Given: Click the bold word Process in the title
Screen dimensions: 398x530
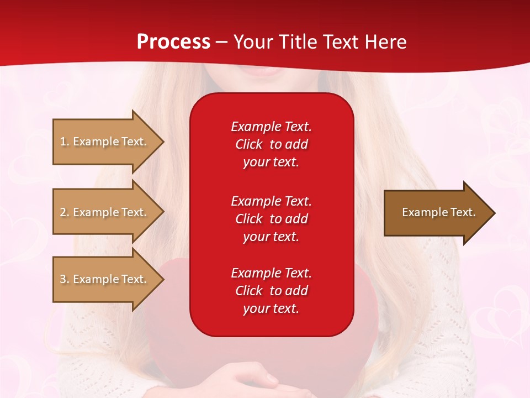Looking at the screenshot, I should click(173, 42).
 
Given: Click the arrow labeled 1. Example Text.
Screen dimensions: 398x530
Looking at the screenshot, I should click(105, 142).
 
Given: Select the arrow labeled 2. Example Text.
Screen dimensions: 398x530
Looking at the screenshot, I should click(105, 212).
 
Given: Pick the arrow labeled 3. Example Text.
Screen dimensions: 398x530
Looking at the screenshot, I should click(105, 279).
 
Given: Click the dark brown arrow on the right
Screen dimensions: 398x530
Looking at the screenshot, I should click(436, 213).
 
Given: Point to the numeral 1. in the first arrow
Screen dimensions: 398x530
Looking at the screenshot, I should click(65, 142).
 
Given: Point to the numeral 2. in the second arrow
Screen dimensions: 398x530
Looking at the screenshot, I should click(65, 212).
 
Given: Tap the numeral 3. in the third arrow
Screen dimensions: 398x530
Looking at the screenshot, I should click(65, 279).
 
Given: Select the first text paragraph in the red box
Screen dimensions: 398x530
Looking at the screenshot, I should click(271, 144).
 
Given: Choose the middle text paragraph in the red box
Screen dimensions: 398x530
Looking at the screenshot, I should click(271, 218).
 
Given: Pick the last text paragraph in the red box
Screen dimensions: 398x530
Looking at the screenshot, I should click(271, 291).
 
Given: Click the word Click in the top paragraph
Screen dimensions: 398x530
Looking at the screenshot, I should click(248, 144).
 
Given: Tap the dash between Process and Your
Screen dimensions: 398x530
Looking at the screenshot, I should click(222, 42).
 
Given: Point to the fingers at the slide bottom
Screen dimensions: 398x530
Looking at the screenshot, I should click(259, 380).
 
